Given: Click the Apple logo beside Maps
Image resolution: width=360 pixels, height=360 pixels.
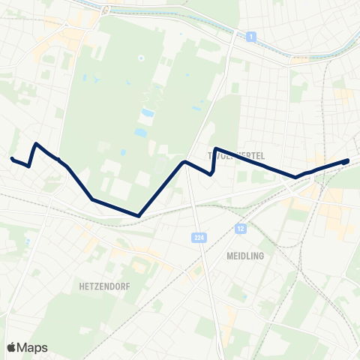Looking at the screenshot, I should click(12, 347).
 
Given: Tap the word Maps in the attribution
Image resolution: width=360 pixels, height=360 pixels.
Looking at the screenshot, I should click(32, 347).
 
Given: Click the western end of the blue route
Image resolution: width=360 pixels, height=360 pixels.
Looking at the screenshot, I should click(12, 158).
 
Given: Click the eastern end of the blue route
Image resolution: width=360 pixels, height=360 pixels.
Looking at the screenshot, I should click(347, 160).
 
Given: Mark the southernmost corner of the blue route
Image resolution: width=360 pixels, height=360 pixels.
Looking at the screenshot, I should click(139, 216).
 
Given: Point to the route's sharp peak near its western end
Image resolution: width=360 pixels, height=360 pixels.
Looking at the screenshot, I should click(36, 143).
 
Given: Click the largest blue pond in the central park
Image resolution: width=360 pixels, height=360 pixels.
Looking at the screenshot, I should click(142, 133).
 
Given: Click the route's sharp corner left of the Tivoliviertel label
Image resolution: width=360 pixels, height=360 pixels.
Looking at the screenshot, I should click(216, 148).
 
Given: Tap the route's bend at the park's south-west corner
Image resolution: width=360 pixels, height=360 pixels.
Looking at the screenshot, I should click(92, 199).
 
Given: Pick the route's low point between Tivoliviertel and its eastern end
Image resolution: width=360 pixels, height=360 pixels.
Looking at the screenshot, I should click(296, 178).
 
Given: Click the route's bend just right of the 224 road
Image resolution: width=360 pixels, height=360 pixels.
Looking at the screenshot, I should click(211, 174).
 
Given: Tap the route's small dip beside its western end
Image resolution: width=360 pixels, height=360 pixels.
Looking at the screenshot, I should click(28, 166).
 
